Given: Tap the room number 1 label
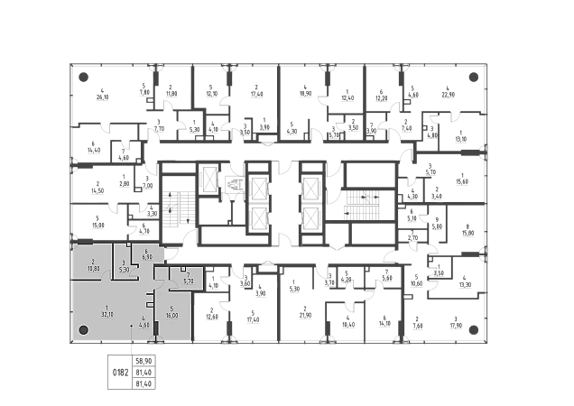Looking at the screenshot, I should [106, 307].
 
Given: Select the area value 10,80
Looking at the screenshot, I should [93, 268].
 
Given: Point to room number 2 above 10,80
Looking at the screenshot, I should [93, 262].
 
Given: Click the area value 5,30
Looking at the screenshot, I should [125, 269].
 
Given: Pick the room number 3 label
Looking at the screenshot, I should [125, 263].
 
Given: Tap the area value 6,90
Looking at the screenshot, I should [146, 257].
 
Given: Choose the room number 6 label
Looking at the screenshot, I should [146, 251].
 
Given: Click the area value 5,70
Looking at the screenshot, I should [189, 281].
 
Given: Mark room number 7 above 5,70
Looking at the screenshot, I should [188, 275].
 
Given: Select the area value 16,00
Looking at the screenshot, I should [171, 315].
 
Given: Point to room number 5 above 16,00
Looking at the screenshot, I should [171, 309].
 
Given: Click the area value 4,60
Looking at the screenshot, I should [143, 326].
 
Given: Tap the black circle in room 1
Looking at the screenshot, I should [83, 331].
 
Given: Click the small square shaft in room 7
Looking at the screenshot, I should [183, 269].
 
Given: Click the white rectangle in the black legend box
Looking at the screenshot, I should [116, 371].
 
